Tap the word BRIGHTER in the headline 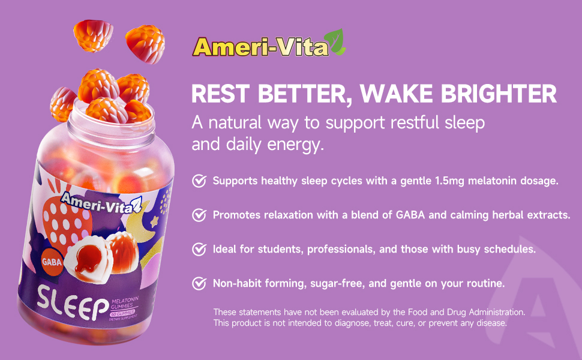tap(499, 94)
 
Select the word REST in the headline tap(220, 94)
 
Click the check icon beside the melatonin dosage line tap(199, 181)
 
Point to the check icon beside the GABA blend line tap(199, 215)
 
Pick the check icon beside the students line tap(199, 249)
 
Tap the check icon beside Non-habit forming tap(199, 283)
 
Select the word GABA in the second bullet tap(410, 215)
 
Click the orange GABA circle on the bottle tap(52, 262)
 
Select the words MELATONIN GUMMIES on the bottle tap(125, 303)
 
